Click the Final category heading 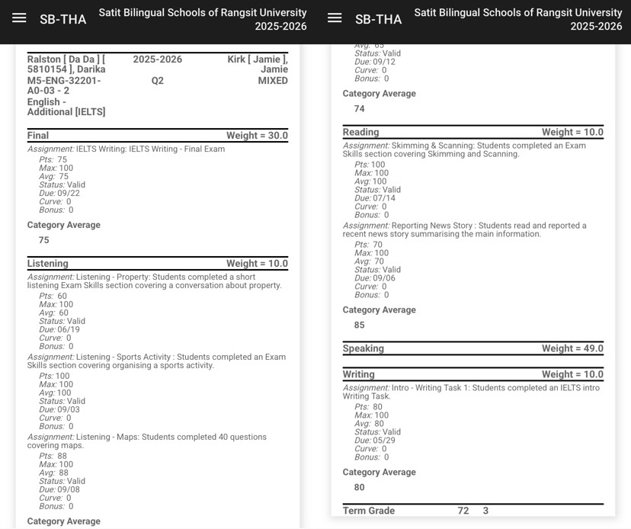point(38,136)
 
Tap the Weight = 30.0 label point(257,136)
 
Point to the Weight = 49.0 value point(572,348)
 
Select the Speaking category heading point(364,348)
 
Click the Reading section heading point(360,132)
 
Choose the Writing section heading point(359,374)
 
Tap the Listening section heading point(48,264)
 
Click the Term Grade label point(369,511)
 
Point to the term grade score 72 point(463,511)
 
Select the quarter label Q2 point(158,80)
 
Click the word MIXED point(273,80)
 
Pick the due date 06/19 point(69,330)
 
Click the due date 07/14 point(384,198)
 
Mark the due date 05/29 point(384,441)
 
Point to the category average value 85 point(360,325)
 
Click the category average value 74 point(360,109)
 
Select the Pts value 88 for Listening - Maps point(62,456)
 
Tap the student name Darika point(91,69)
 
